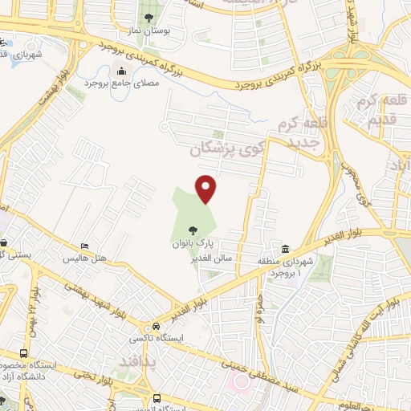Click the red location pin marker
point(206,188)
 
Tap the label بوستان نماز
point(147,33)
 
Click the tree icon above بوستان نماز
point(148,18)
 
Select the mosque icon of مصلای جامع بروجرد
point(122,71)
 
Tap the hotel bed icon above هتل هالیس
point(84,246)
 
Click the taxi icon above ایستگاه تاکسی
point(155,327)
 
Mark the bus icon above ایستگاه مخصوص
point(24,353)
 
